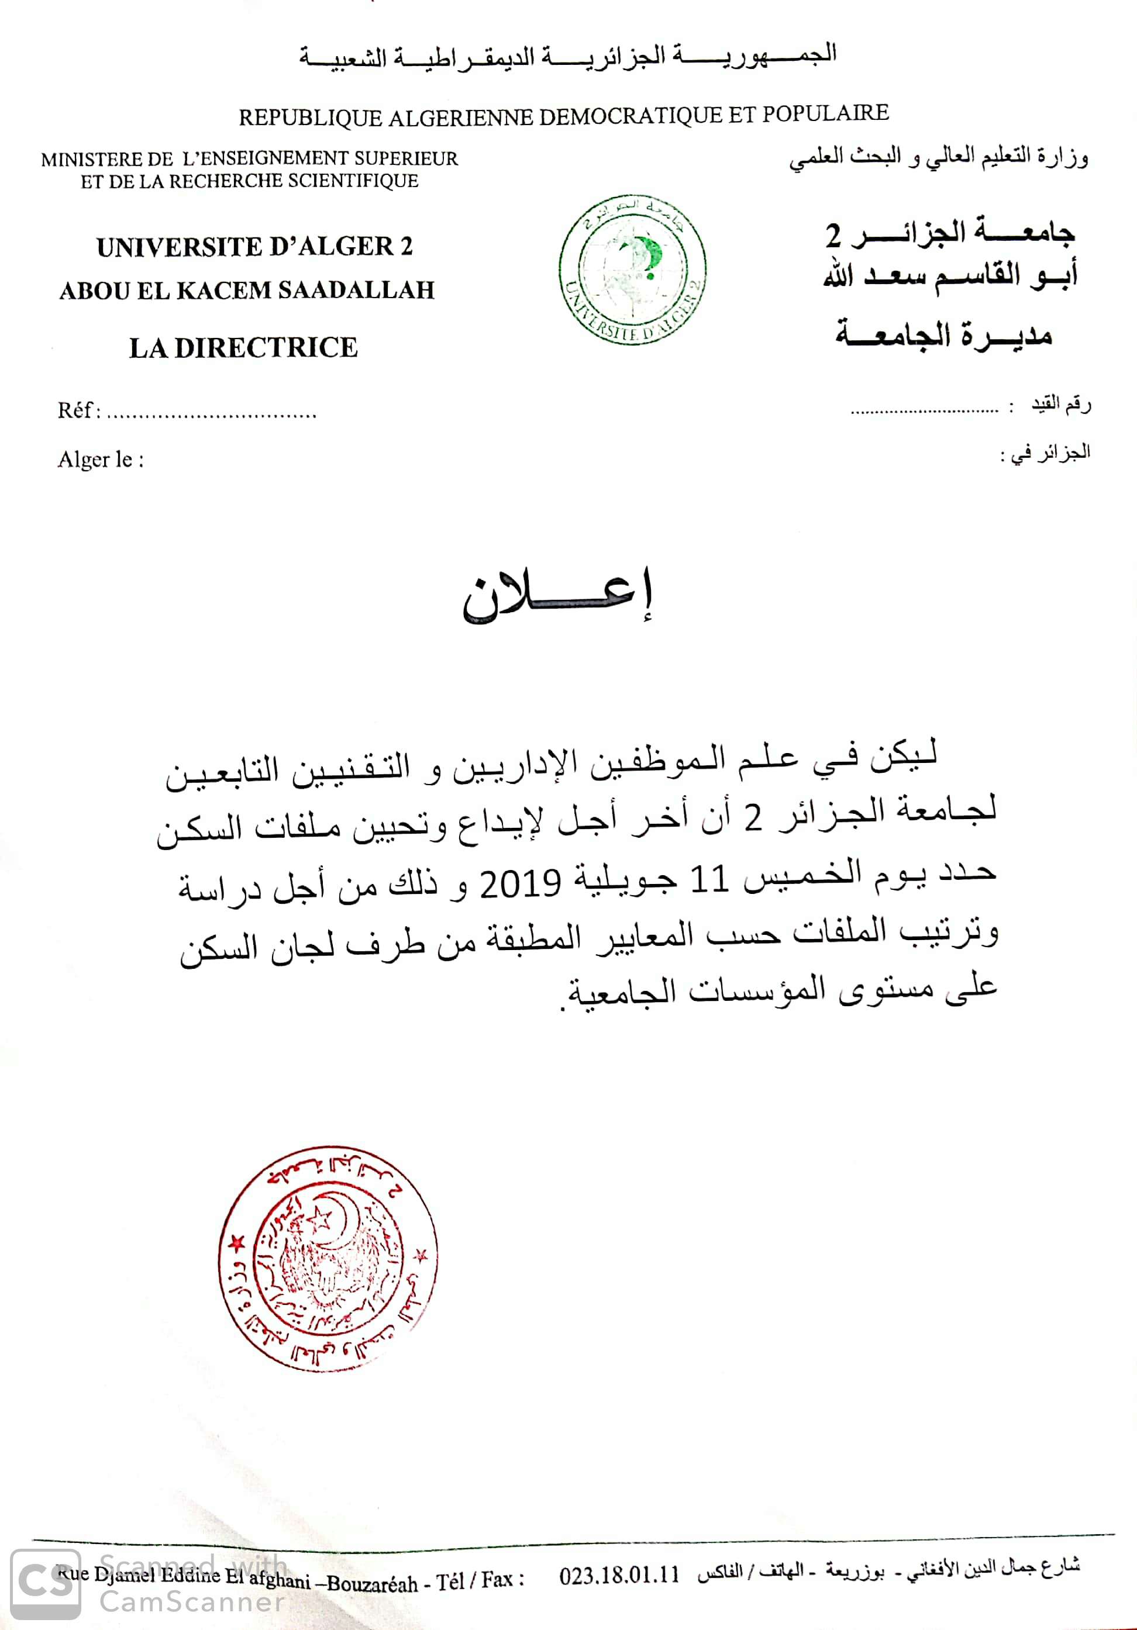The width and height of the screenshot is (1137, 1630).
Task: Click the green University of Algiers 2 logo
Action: tap(632, 270)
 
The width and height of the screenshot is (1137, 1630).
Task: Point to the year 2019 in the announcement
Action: tap(521, 884)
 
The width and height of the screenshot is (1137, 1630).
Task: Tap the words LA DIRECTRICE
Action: tap(243, 348)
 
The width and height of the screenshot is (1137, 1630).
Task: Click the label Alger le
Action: tap(100, 460)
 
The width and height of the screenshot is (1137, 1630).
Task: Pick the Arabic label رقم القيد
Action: tap(1061, 405)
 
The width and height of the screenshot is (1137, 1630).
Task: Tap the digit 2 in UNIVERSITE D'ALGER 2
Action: tap(405, 246)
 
